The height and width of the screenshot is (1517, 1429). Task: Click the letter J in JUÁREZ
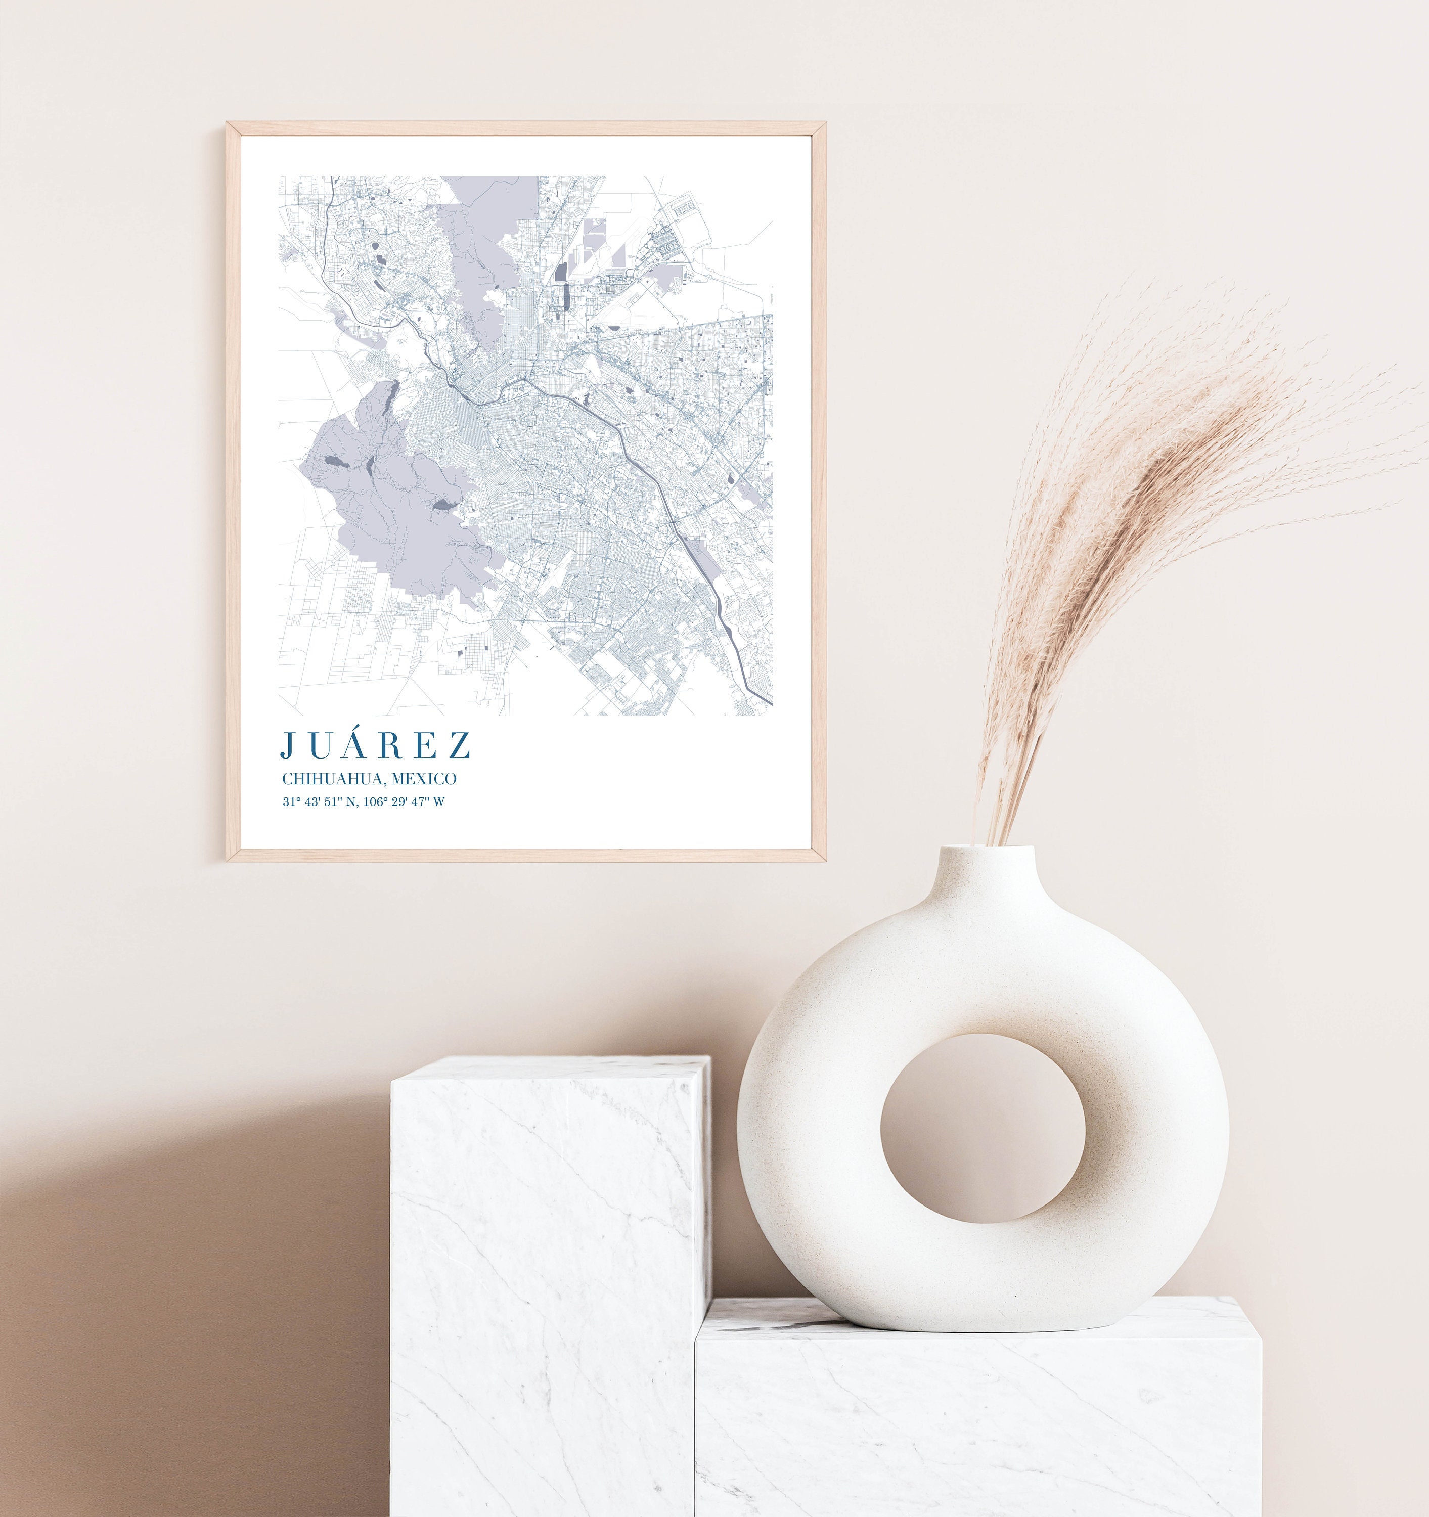point(288,745)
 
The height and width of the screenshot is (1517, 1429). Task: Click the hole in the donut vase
point(982,1129)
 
